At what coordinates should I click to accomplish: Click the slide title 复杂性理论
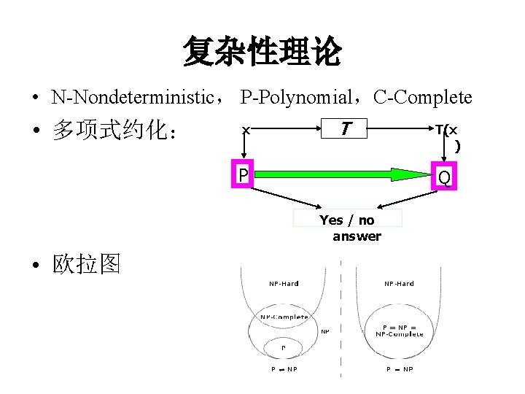(x=262, y=52)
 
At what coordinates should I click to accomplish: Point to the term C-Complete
(x=423, y=97)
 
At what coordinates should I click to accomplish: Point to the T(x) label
(x=448, y=136)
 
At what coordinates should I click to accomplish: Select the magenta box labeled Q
(x=443, y=177)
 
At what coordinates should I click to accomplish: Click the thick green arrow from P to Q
(x=343, y=174)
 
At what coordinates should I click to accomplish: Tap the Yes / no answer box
(x=349, y=227)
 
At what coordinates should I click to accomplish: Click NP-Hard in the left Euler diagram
(x=284, y=284)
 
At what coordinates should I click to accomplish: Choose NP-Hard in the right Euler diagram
(x=399, y=284)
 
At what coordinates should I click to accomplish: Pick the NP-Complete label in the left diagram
(x=284, y=317)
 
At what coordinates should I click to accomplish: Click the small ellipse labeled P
(x=284, y=345)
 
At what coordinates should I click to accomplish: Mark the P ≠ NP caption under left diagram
(x=284, y=369)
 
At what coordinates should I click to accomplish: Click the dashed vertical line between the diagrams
(x=341, y=321)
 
